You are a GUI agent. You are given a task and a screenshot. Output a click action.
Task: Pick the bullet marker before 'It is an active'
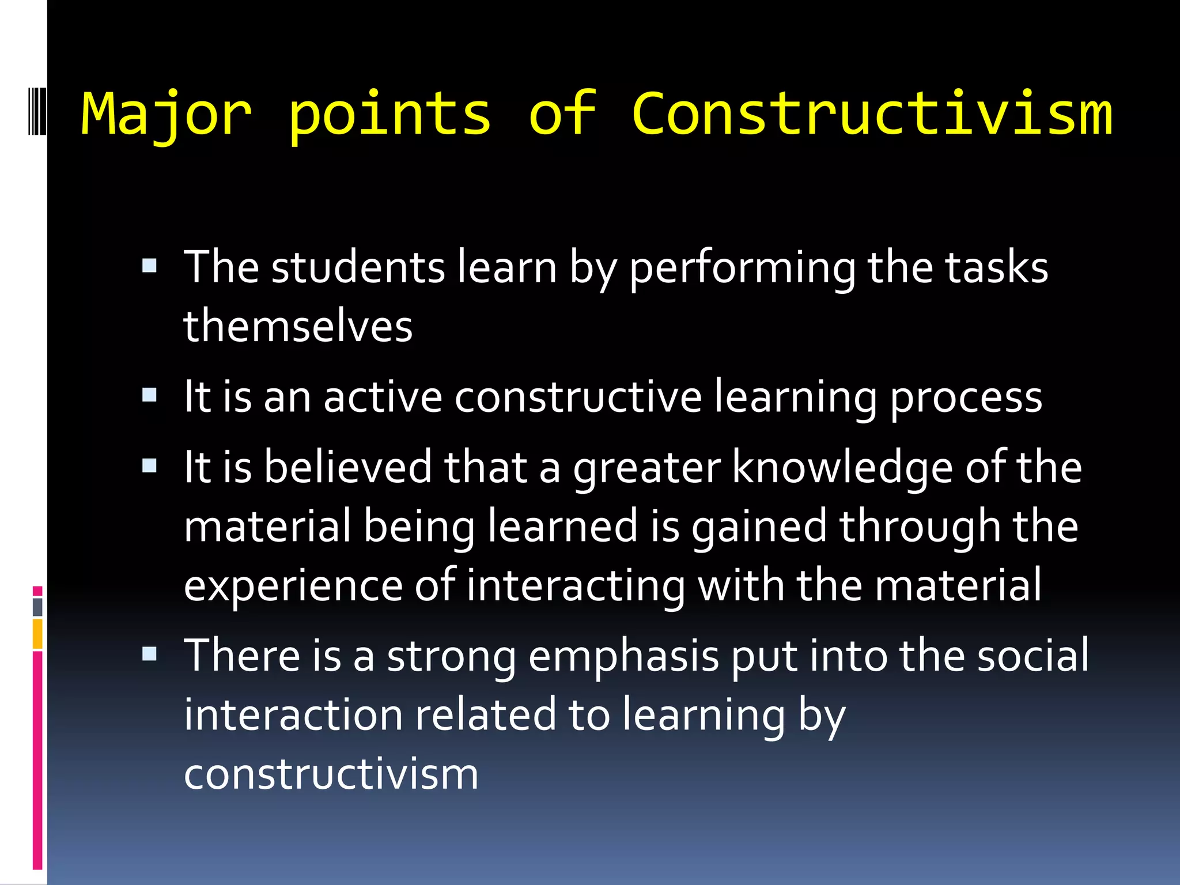pyautogui.click(x=149, y=395)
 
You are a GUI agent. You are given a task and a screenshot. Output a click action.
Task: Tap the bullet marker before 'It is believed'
pyautogui.click(x=149, y=466)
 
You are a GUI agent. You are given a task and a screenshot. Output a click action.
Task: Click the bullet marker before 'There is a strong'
pyautogui.click(x=149, y=653)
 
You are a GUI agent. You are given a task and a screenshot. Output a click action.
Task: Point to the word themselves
pyautogui.click(x=298, y=326)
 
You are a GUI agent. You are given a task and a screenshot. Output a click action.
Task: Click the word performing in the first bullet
pyautogui.click(x=742, y=268)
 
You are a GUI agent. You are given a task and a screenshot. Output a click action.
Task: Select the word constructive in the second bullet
pyautogui.click(x=578, y=397)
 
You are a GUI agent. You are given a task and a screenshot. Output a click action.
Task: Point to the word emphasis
pyautogui.click(x=623, y=657)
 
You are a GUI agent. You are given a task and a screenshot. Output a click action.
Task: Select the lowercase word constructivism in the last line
pyautogui.click(x=331, y=774)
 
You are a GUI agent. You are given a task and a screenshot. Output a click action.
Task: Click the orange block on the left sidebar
pyautogui.click(x=37, y=634)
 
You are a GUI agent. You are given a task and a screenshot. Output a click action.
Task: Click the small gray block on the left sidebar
pyautogui.click(x=37, y=607)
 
